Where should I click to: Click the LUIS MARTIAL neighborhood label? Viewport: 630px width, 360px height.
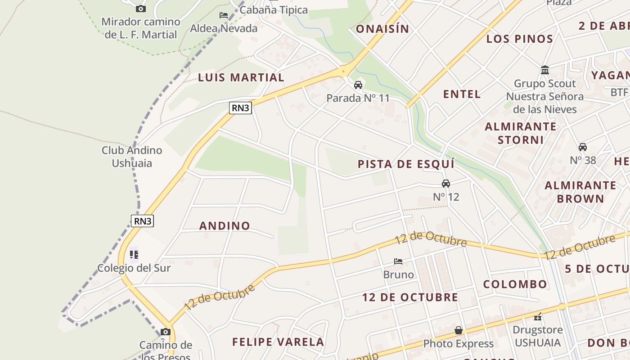241,77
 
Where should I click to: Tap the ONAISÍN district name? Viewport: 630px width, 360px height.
382,29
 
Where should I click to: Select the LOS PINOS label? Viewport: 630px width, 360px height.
519,39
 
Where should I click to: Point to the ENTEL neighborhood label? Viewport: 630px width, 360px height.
462,94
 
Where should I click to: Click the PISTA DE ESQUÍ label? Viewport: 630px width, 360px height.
406,164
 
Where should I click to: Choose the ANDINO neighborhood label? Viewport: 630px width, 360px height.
225,225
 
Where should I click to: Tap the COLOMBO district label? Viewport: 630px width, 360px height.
515,284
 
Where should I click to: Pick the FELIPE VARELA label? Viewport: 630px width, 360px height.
278,342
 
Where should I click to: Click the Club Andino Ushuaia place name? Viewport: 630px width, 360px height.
132,157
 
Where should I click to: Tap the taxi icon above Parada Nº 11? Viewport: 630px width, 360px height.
358,85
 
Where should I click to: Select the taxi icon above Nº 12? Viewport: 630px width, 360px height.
446,184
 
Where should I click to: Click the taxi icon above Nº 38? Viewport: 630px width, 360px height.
583,147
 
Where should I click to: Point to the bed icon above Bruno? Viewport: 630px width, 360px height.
398,261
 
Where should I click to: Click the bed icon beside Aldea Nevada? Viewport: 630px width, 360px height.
224,15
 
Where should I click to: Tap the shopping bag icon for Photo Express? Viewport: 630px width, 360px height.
458,331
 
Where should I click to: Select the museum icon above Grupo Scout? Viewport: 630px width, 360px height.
545,70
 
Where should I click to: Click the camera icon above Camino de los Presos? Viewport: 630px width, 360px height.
166,332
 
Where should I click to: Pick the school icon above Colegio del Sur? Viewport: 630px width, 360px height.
134,255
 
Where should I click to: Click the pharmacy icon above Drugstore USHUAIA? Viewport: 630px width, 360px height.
538,317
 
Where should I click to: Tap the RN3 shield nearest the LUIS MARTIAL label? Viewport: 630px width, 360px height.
240,108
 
